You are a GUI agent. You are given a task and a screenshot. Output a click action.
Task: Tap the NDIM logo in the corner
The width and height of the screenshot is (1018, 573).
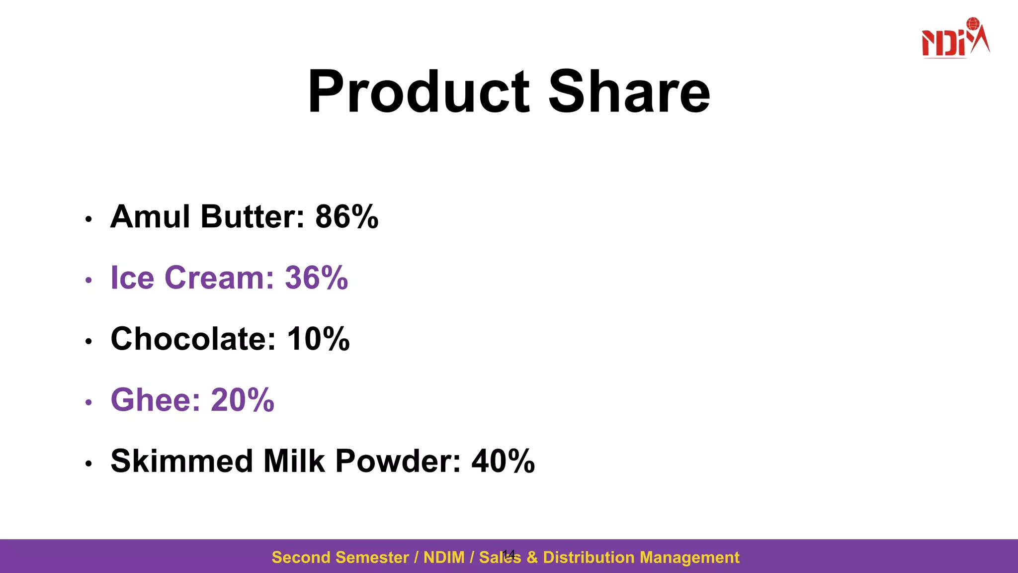pos(955,38)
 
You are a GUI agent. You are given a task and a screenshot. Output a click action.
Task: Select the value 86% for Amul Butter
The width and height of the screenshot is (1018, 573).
pos(346,217)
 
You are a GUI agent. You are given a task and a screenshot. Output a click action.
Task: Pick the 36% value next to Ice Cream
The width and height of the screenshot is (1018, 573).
pos(316,278)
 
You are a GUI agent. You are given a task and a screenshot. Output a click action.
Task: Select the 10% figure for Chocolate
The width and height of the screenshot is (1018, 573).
pos(318,339)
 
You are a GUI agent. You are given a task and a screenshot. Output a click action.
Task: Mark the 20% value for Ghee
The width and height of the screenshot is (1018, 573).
pos(243,400)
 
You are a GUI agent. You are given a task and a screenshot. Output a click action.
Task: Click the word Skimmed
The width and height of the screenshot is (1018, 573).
pos(181,461)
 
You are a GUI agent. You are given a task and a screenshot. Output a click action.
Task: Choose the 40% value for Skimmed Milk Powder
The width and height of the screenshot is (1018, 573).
pos(503,461)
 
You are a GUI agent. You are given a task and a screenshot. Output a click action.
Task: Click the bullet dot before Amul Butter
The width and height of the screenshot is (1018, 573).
pos(88,219)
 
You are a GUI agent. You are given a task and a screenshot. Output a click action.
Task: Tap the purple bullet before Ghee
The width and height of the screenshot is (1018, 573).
pos(88,402)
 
